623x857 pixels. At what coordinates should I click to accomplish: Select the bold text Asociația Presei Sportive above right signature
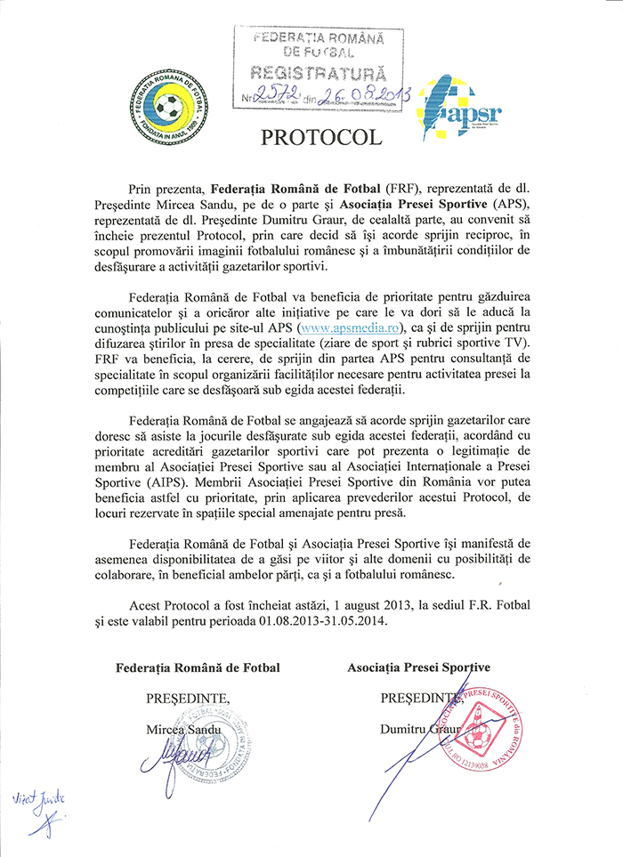point(418,667)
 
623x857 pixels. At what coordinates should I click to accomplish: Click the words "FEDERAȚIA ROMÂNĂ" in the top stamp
point(318,38)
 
